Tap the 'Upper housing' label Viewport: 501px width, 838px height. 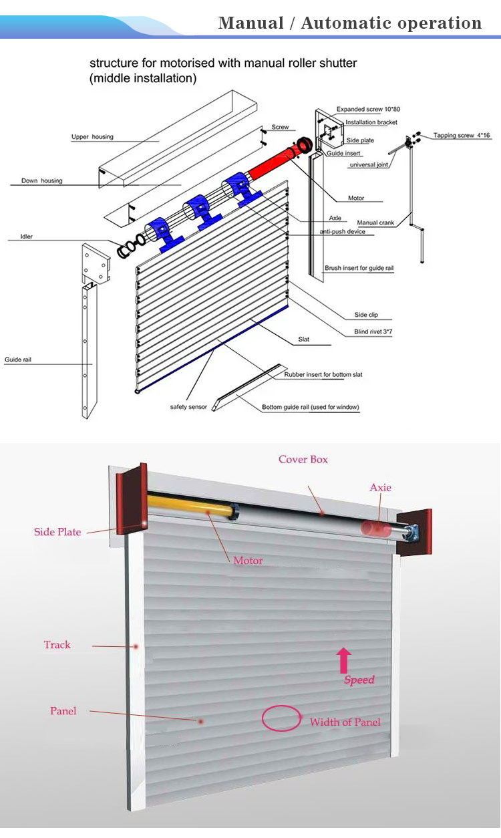tap(92, 137)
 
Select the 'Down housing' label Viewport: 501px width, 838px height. tap(41, 181)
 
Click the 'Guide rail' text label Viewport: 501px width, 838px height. tap(18, 360)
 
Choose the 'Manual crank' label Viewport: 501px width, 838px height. tap(376, 223)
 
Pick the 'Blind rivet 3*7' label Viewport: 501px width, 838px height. tap(373, 331)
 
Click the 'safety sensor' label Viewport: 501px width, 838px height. tap(189, 407)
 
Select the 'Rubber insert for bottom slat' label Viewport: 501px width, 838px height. tap(323, 375)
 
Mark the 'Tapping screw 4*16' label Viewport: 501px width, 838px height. tap(462, 136)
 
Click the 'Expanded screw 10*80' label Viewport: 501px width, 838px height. tap(368, 109)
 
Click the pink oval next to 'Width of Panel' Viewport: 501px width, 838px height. tap(281, 718)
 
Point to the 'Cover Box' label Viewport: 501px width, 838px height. tap(303, 460)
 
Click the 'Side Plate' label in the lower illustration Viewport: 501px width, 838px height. tap(57, 532)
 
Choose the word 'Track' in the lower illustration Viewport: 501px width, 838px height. tap(57, 645)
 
